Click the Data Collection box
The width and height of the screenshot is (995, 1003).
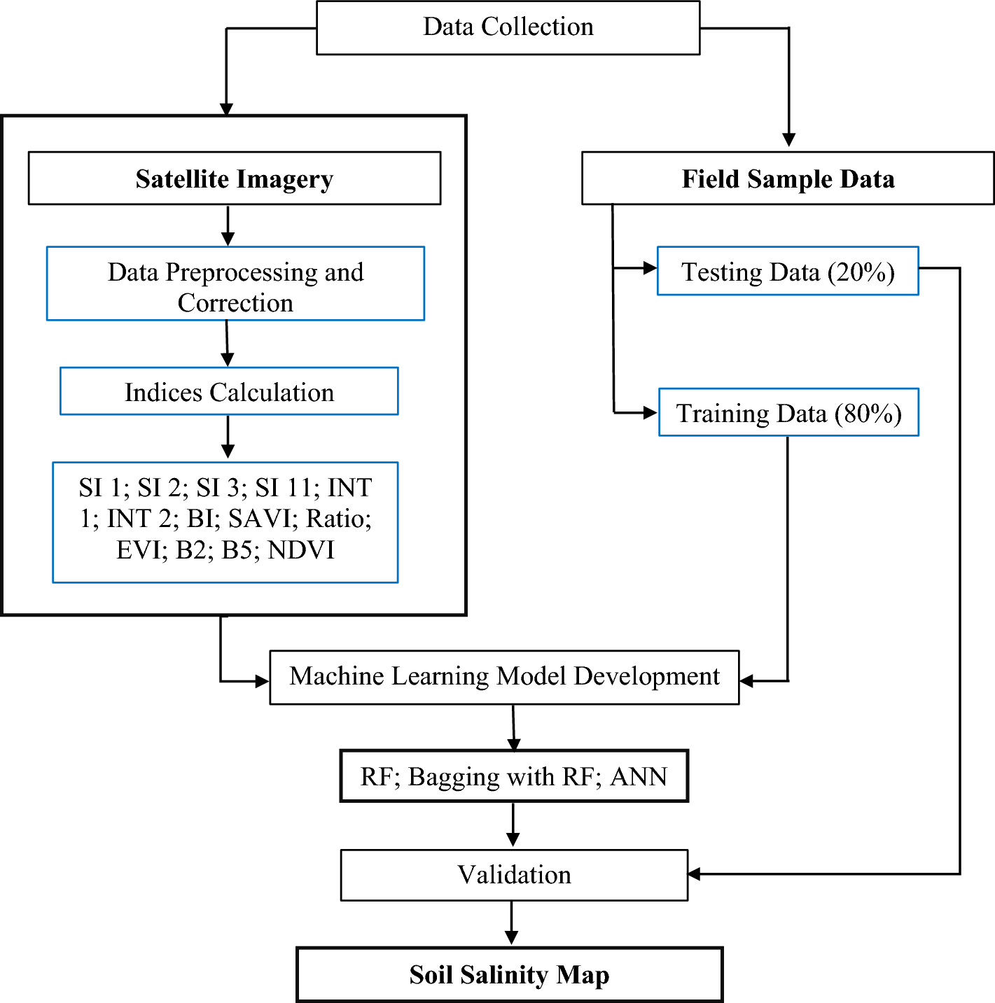[508, 27]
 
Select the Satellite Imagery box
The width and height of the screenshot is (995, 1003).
[234, 178]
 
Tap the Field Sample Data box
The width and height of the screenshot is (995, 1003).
[788, 178]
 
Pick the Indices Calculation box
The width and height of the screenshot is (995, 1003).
[229, 392]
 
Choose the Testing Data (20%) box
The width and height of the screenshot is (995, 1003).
[788, 272]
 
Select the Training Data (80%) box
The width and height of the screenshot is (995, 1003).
[788, 413]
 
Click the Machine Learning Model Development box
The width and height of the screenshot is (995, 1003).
[504, 677]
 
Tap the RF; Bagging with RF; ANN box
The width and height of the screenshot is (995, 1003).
[514, 776]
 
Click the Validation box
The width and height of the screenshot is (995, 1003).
[514, 875]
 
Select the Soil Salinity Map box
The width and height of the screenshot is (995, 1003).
[509, 975]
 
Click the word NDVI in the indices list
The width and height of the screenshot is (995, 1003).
[301, 550]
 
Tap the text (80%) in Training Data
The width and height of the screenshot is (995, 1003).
[868, 413]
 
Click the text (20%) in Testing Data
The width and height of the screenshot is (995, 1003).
[861, 272]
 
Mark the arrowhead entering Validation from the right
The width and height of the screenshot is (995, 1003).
[695, 874]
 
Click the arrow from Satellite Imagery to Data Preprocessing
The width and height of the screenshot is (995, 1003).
[228, 225]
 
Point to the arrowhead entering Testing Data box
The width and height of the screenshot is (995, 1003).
[650, 268]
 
